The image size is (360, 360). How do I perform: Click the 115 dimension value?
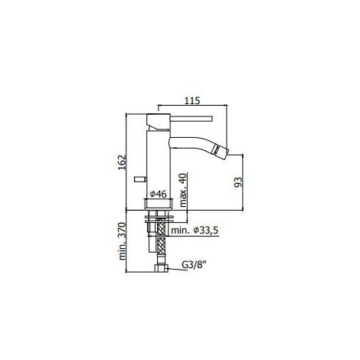click(192, 100)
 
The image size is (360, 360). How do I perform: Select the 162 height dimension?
click(123, 163)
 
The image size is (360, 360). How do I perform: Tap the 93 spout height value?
click(237, 182)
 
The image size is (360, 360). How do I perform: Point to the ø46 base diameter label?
click(159, 194)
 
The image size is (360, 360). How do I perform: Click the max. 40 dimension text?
click(183, 190)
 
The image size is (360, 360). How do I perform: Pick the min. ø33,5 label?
click(195, 231)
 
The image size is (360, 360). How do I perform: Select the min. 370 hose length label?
click(123, 241)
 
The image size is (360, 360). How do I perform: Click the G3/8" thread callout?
click(194, 265)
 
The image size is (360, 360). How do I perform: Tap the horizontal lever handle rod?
click(191, 119)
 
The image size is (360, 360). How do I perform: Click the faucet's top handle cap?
click(159, 119)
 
